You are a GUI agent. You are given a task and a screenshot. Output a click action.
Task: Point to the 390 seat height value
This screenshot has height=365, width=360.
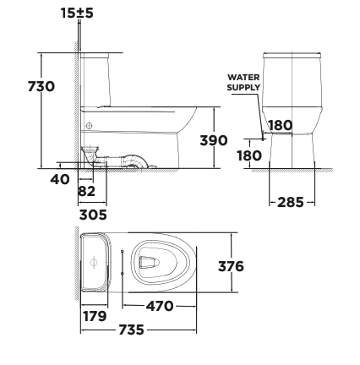[x=213, y=139]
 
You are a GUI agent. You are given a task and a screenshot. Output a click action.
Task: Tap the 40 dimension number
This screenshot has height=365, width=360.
[x=58, y=178]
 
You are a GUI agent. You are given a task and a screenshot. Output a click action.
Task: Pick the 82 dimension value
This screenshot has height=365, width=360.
[x=86, y=192]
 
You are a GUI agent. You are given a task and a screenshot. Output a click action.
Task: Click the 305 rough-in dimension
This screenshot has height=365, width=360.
[x=93, y=215]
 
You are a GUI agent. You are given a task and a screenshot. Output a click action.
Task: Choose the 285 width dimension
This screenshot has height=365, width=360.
[x=292, y=202]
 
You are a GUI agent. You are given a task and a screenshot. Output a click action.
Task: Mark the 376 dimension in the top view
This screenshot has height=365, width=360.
[x=230, y=266]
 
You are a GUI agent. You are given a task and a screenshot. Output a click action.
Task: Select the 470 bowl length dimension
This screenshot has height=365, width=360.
[x=160, y=305]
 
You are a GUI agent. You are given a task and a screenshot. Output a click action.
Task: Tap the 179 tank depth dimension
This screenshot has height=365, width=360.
[x=94, y=316]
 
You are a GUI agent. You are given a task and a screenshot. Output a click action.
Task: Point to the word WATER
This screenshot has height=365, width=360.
[x=243, y=77]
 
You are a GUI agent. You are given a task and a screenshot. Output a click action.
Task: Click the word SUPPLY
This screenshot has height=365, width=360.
[x=243, y=86]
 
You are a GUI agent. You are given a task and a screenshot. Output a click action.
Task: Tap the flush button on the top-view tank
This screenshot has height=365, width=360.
[x=94, y=263]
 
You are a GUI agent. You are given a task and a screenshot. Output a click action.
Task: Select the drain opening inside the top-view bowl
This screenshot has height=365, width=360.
[x=152, y=263]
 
